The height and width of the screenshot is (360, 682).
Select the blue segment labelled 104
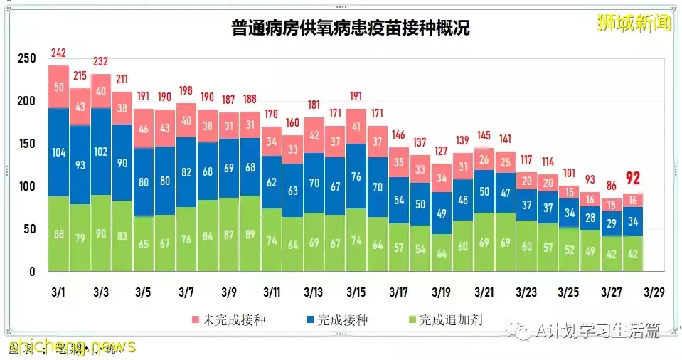click(x=58, y=153)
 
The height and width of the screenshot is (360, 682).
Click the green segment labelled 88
click(x=58, y=234)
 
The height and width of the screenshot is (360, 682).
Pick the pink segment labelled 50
click(x=58, y=87)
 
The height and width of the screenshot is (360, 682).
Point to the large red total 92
click(x=632, y=179)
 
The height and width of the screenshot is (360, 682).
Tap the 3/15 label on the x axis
click(x=356, y=292)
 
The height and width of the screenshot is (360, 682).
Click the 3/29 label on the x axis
click(x=654, y=292)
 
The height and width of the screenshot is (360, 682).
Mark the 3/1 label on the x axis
click(x=59, y=292)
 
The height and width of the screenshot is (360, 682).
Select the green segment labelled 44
click(x=441, y=253)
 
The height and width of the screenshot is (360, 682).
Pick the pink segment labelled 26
click(x=484, y=160)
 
